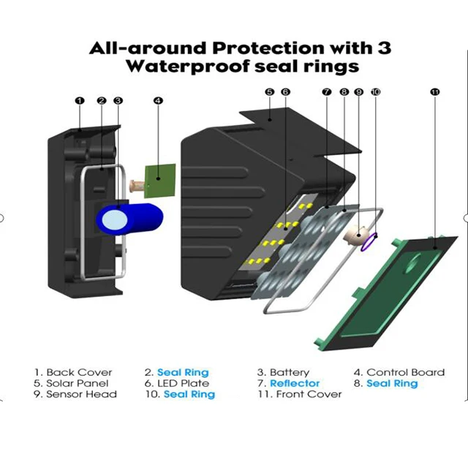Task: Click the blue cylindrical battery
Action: coord(129,219)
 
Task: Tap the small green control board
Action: coord(160,181)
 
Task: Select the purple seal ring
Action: coord(369,242)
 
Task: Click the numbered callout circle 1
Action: coord(80,101)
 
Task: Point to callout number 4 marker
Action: coord(158,101)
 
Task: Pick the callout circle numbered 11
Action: coord(435,92)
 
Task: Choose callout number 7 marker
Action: coord(327,92)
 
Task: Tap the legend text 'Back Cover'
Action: coord(79,372)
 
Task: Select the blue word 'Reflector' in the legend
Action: coord(295,383)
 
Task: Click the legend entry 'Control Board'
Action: coord(405,372)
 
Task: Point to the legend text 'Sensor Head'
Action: coord(81,394)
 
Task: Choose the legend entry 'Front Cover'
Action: coord(309,394)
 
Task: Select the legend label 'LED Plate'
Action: coord(184,383)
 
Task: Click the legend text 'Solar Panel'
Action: coord(78,383)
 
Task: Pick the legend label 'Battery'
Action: coord(290,372)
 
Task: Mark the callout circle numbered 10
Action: coord(375,92)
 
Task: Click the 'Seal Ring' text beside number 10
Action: coord(189,394)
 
